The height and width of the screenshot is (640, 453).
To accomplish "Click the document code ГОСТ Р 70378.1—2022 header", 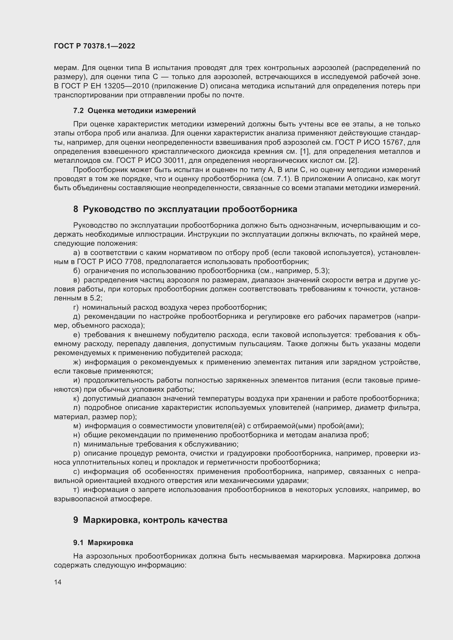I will tap(94, 46).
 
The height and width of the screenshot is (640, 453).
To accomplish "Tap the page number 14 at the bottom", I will tap(58, 582).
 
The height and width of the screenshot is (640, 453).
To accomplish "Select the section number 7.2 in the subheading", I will tap(78, 111).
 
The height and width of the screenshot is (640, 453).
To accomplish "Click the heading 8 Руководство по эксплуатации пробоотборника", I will tap(185, 209).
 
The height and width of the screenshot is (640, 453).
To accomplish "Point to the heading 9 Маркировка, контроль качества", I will tap(150, 520).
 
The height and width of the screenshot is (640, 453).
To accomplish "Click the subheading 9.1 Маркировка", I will tap(103, 543).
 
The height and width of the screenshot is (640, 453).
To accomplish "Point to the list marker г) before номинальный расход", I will tap(76, 308).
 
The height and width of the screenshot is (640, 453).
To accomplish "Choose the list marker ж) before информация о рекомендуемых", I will tap(77, 362).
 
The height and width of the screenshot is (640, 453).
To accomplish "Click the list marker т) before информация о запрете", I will tap(76, 490).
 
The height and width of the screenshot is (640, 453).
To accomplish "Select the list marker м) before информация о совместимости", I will tap(77, 426).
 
